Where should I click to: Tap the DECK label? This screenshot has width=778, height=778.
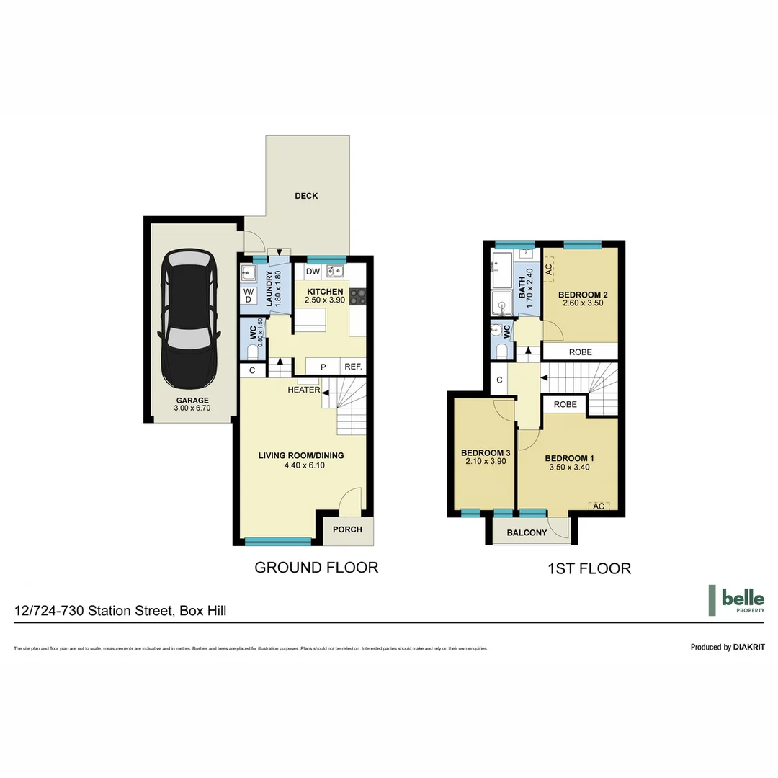(x=306, y=196)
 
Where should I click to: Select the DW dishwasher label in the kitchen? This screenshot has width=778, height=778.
(x=312, y=272)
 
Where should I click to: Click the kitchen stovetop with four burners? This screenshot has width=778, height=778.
(x=358, y=297)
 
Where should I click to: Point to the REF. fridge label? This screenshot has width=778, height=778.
(x=353, y=367)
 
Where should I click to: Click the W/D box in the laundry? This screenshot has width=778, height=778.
(x=248, y=295)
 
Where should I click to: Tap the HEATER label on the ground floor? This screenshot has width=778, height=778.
(x=303, y=390)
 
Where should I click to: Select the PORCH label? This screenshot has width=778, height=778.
(x=347, y=529)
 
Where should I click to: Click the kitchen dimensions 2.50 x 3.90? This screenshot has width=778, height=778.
(x=326, y=300)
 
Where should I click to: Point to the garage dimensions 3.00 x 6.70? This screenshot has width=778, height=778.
(x=191, y=408)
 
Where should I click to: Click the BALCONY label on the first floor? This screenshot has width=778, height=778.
(x=527, y=533)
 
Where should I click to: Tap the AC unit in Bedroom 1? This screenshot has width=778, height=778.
(x=598, y=505)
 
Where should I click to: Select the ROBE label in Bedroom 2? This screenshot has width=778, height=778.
(x=581, y=352)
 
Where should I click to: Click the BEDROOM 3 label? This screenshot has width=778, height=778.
(x=486, y=452)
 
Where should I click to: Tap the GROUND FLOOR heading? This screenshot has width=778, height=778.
(x=316, y=568)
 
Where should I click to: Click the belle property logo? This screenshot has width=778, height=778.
(x=735, y=600)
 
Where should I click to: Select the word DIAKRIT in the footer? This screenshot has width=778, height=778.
(x=748, y=647)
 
